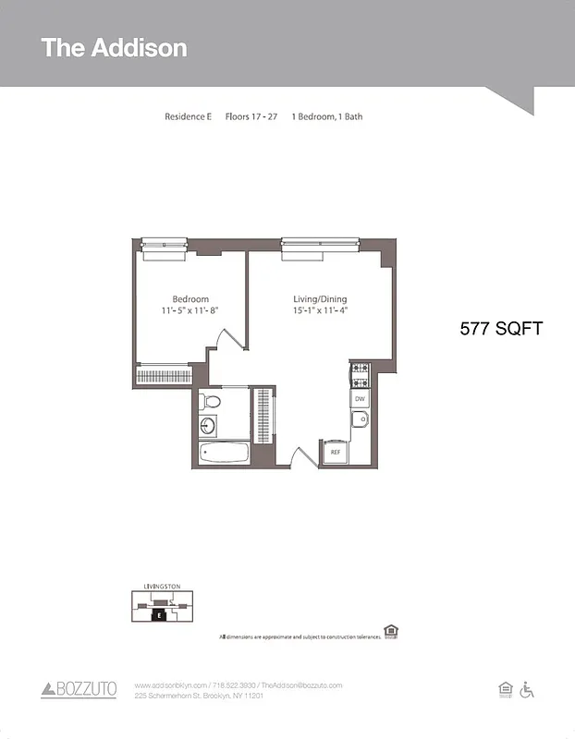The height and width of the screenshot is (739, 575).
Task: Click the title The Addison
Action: click(x=114, y=48)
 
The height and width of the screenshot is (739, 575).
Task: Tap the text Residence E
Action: click(x=189, y=117)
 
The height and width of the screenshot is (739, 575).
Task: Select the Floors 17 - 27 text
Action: click(x=251, y=117)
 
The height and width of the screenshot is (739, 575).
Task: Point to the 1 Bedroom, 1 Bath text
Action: click(x=333, y=117)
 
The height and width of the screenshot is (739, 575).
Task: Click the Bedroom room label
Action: click(x=190, y=299)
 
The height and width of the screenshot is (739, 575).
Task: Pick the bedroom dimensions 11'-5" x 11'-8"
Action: click(x=190, y=311)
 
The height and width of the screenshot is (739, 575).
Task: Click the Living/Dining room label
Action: click(x=320, y=299)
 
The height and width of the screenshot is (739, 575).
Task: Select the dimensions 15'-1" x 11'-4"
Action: click(x=320, y=311)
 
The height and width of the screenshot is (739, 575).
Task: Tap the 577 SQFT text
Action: click(x=501, y=328)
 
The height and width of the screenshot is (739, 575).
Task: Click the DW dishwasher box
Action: click(x=360, y=399)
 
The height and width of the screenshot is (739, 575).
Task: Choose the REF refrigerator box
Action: click(x=335, y=453)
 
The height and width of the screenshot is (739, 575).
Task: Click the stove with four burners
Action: click(x=360, y=374)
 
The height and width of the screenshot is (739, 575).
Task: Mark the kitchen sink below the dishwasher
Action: click(x=360, y=421)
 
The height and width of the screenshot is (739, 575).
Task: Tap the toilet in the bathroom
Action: click(x=211, y=402)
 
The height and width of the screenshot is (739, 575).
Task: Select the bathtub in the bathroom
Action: click(x=225, y=454)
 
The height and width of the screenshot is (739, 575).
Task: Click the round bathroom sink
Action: click(x=208, y=426)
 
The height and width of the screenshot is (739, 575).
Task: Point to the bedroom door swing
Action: click(x=225, y=339)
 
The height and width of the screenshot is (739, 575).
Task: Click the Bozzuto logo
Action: click(x=79, y=689)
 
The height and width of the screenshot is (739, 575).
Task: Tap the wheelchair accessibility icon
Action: click(x=528, y=689)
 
